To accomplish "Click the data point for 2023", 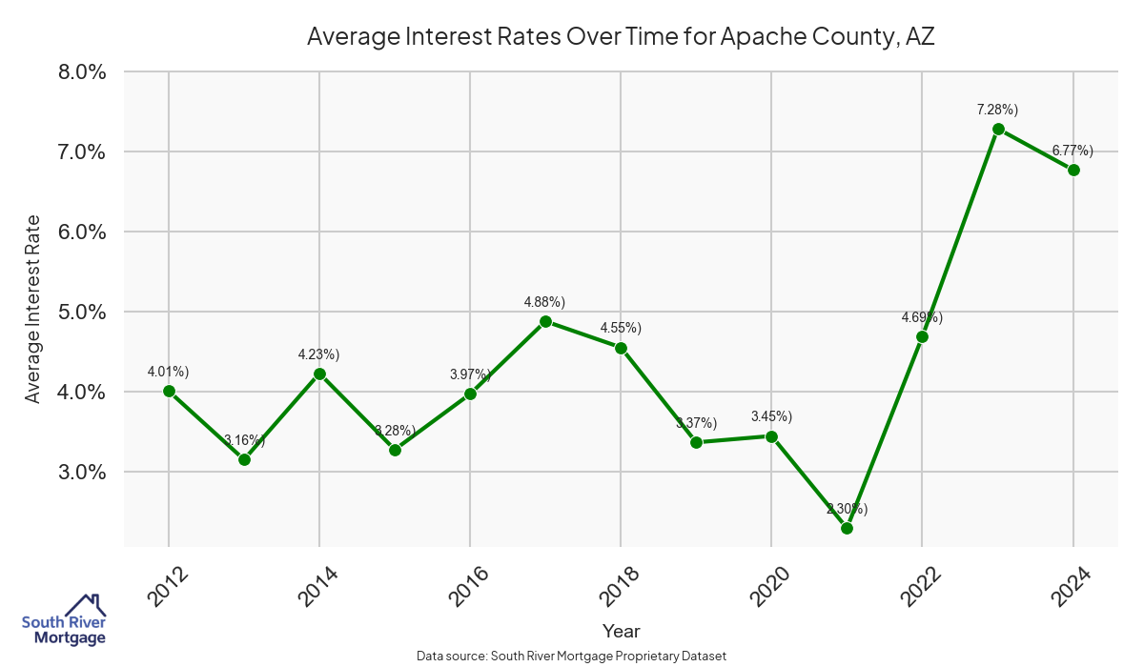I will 998,129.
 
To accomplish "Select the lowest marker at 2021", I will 847,528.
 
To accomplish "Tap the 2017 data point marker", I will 545,321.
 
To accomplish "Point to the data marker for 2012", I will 169,391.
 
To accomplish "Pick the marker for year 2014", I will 319,374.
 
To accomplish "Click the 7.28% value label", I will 997,110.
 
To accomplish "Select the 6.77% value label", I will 1072,151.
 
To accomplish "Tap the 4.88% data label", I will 544,302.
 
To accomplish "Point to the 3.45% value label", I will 771,416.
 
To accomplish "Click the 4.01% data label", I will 168,372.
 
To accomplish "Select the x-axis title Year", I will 621,631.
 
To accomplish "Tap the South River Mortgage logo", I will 64,621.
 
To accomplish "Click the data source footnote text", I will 572,657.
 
